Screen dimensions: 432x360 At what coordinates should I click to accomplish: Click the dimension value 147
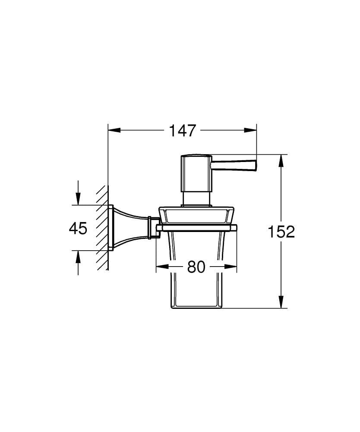coord(182,130)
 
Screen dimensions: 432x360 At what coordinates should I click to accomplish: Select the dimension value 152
coord(281,232)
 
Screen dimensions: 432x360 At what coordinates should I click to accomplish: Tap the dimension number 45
coord(78,228)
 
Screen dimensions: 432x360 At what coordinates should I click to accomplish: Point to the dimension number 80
coord(196,267)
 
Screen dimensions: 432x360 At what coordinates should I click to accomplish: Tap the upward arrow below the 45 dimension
coord(78,257)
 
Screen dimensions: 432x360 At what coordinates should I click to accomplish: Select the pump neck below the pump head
coord(196,198)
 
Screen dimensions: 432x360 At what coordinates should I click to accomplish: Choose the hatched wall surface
coord(102,228)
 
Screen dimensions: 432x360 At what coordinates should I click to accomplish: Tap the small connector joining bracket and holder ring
coord(152,227)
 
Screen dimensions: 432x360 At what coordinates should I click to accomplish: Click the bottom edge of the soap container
coord(196,308)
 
